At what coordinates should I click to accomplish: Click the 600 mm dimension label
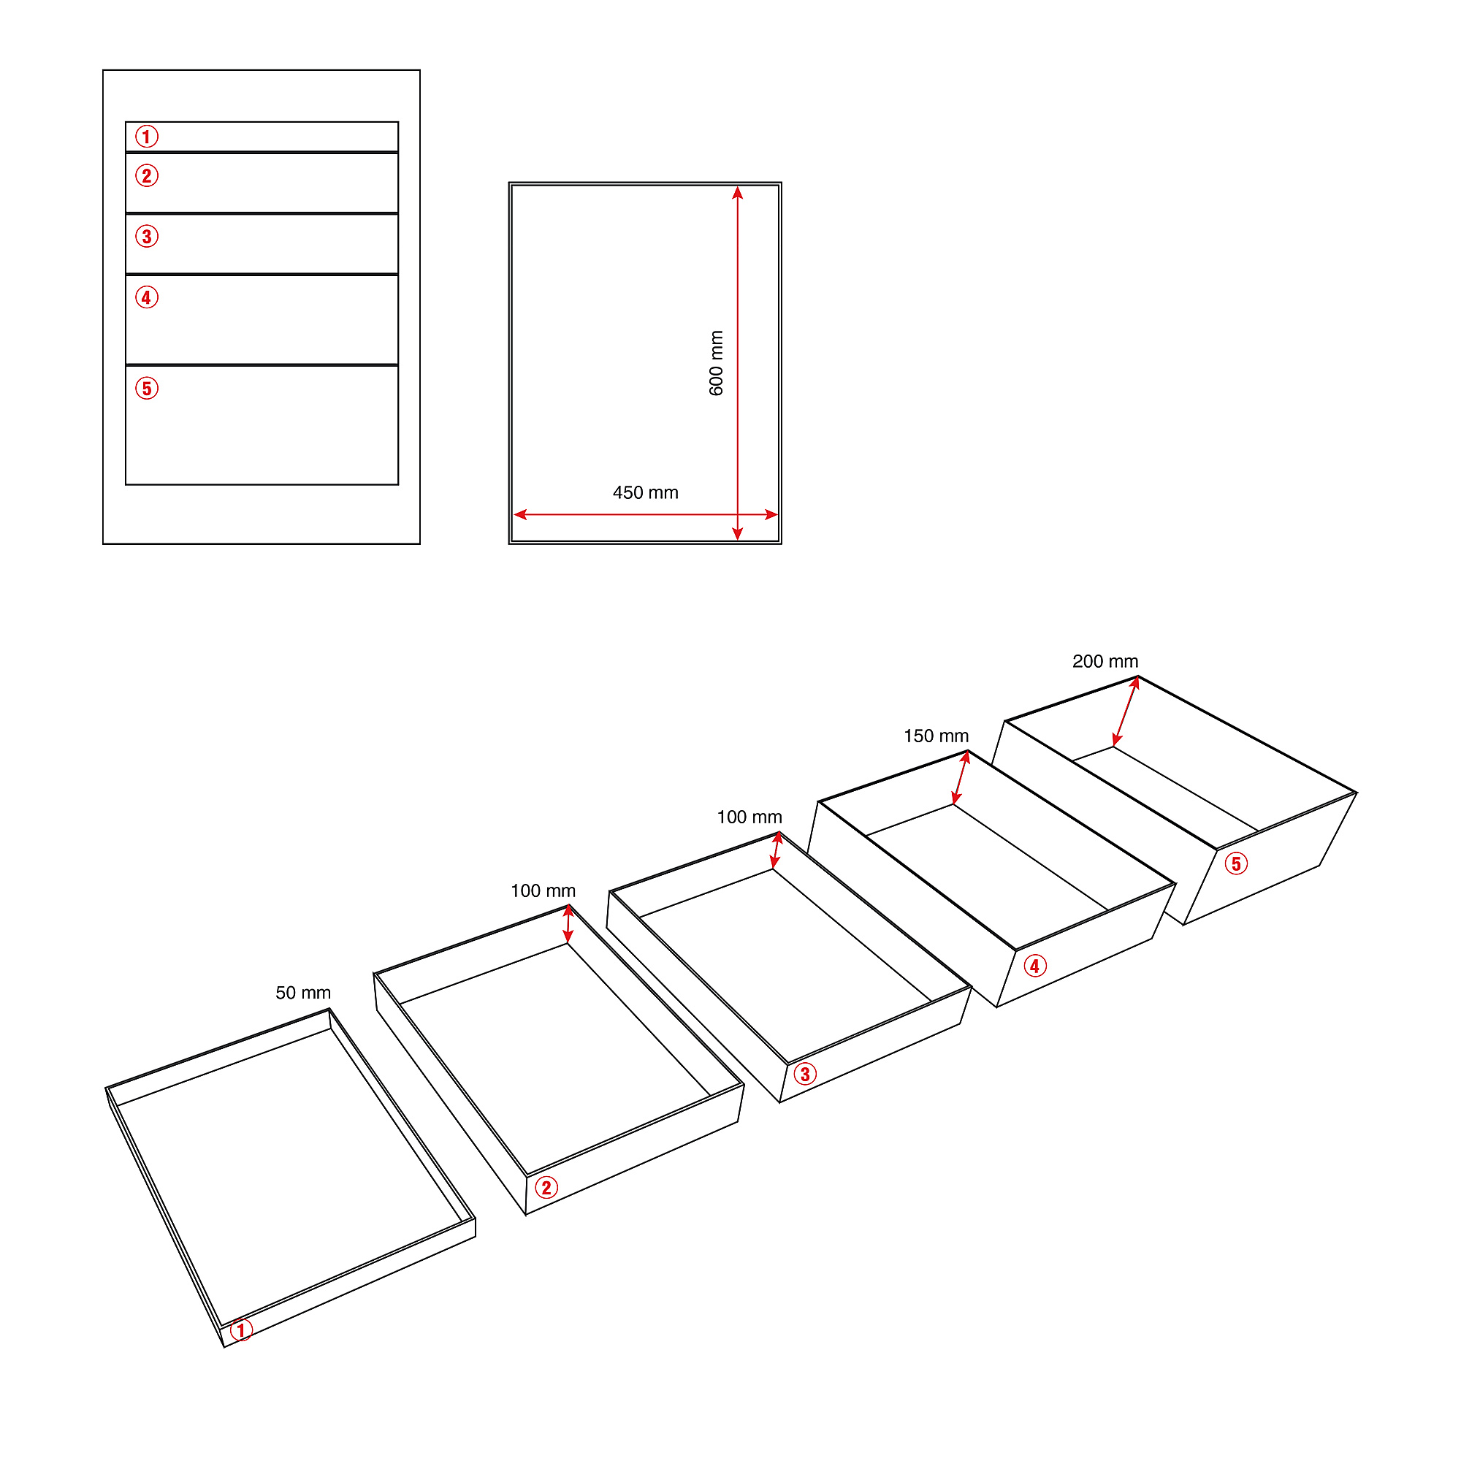[716, 363]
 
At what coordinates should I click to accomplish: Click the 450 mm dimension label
[646, 493]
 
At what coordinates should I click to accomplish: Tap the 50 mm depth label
[303, 993]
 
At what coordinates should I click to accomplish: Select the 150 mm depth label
[937, 736]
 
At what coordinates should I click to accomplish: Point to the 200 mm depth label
[1105, 662]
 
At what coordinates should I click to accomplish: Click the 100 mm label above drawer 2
[543, 890]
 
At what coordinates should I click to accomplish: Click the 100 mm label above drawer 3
[749, 817]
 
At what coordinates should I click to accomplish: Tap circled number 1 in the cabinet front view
[147, 137]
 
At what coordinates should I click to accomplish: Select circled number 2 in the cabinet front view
[147, 176]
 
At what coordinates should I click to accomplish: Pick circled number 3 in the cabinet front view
[147, 237]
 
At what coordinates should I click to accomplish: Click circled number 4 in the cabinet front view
[147, 298]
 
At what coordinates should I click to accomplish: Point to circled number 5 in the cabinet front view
[147, 389]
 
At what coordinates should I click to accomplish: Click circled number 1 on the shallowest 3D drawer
[241, 1330]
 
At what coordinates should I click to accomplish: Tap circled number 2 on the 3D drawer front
[546, 1188]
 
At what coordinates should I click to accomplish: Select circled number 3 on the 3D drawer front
[805, 1074]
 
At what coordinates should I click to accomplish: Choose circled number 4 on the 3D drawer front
[1035, 966]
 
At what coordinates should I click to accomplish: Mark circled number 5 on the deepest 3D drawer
[1237, 863]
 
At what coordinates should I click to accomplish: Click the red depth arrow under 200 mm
[1126, 712]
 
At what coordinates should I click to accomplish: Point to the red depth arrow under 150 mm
[961, 778]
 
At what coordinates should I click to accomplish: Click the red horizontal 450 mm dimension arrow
[646, 515]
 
